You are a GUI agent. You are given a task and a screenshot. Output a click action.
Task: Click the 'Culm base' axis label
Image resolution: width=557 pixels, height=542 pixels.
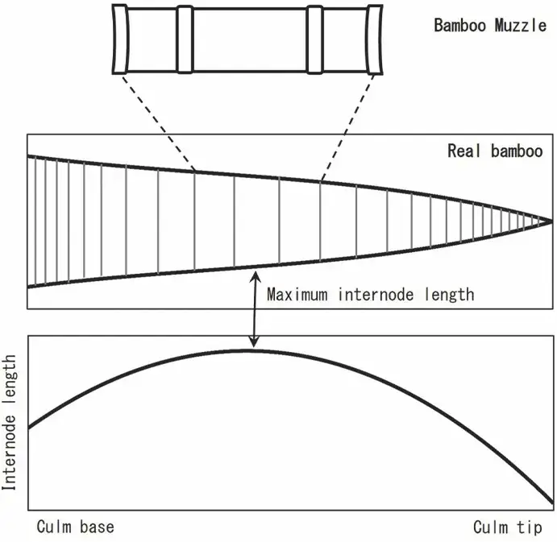pos(75,528)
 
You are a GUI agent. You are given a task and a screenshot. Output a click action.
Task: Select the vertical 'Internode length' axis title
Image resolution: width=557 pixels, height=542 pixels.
pos(10,423)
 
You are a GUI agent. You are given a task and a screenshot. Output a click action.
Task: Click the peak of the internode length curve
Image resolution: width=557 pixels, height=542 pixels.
pos(251,350)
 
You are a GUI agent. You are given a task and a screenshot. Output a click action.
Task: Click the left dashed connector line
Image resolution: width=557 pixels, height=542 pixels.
pos(158,122)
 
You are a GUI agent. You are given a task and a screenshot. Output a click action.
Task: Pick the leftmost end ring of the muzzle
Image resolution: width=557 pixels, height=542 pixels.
pos(119,39)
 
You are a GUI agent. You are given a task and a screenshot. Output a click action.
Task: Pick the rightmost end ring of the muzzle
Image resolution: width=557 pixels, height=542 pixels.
pos(375,39)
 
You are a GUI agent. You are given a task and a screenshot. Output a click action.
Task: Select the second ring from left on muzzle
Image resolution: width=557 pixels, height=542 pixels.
pos(185,39)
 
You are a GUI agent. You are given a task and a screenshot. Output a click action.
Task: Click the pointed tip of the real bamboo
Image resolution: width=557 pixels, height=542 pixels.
pos(551,220)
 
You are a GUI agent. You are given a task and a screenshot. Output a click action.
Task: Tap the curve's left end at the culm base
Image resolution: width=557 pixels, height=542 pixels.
pos(30,427)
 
